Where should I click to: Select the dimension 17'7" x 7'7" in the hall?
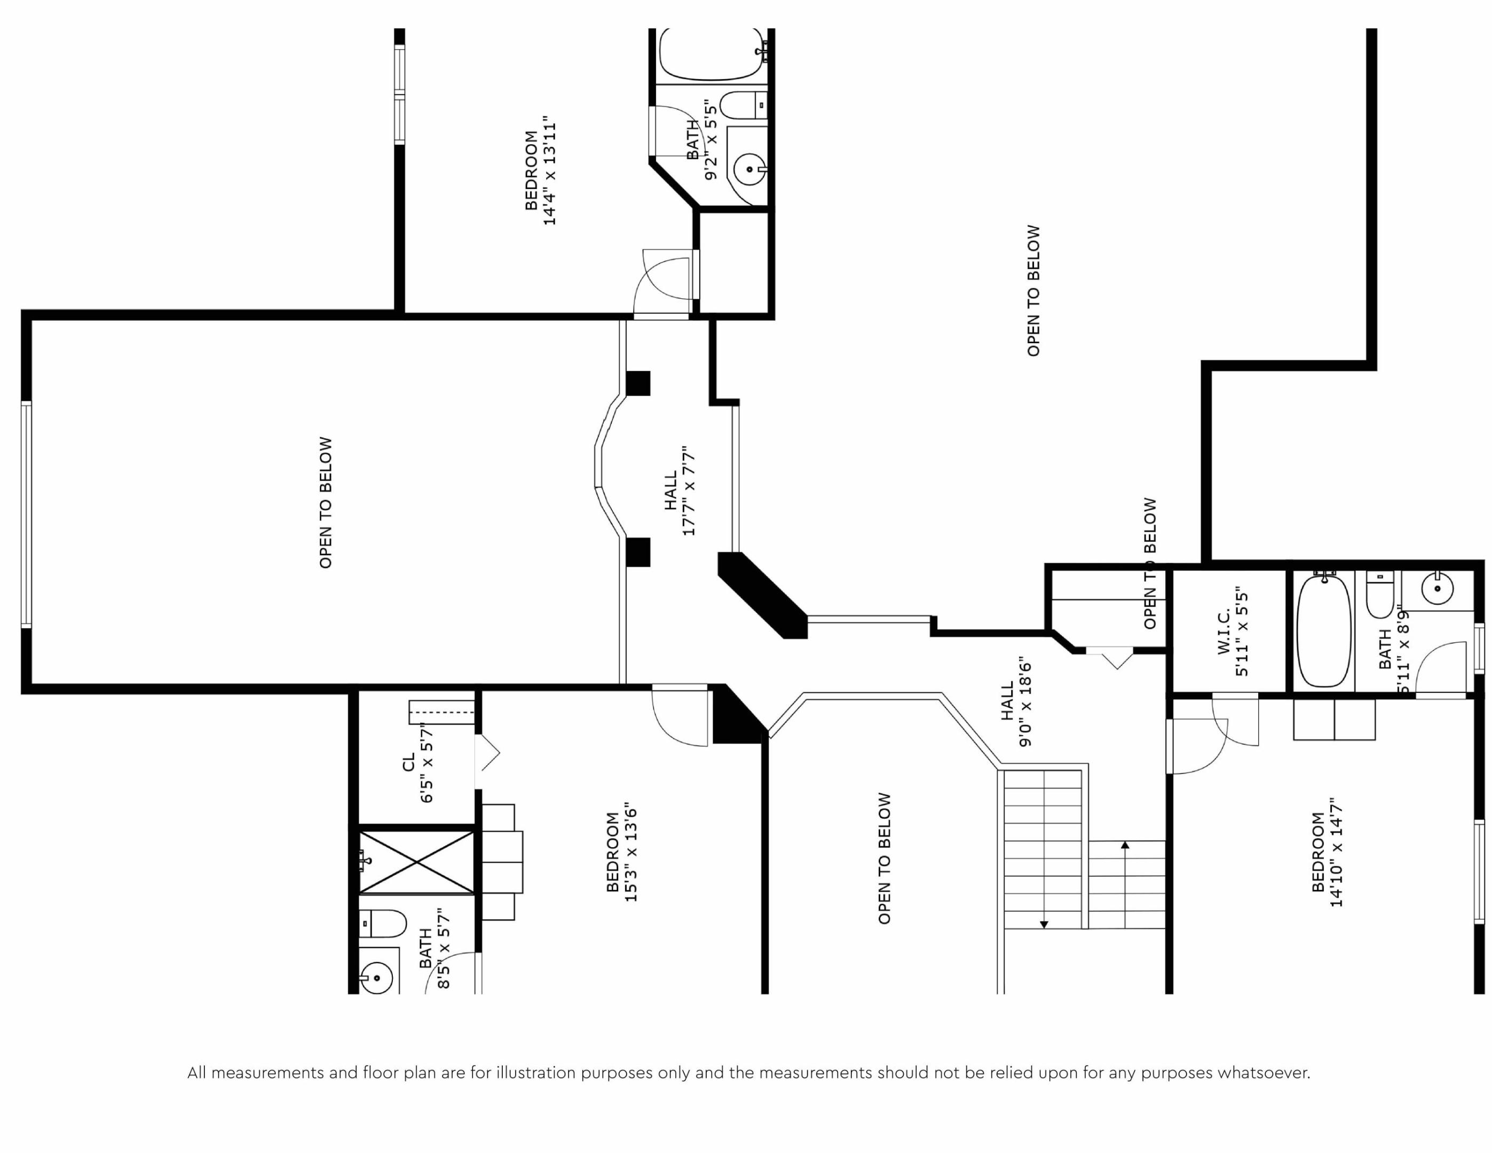click(x=689, y=491)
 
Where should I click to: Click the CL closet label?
click(x=408, y=762)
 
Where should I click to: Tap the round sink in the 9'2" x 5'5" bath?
click(x=749, y=169)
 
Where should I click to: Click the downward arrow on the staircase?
click(x=1044, y=924)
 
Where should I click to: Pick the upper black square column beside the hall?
click(x=638, y=383)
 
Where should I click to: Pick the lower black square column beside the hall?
click(x=638, y=552)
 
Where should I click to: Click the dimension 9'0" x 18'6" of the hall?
click(x=1025, y=704)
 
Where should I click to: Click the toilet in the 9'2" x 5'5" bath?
click(x=741, y=105)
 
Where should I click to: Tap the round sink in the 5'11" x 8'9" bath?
click(x=1438, y=588)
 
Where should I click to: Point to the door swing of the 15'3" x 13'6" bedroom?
click(x=680, y=717)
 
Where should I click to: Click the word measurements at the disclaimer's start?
click(x=268, y=1073)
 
